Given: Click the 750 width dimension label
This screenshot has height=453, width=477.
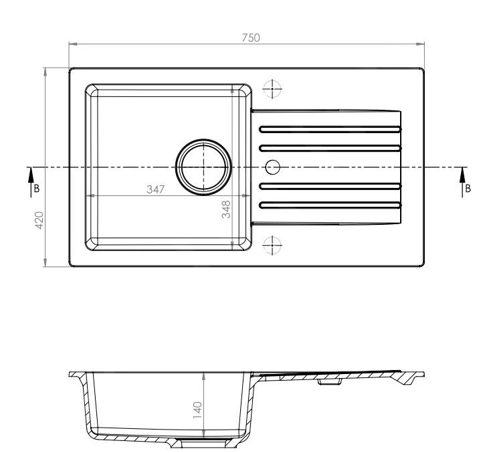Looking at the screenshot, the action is (251, 37).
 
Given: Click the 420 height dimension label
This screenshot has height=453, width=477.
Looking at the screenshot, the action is (39, 220).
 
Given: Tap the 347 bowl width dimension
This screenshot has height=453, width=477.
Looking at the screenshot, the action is (155, 189).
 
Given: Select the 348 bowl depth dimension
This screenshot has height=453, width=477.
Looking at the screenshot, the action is (226, 209).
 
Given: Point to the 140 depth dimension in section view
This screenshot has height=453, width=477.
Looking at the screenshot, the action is (198, 410).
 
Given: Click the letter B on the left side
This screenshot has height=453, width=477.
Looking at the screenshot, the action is (37, 189).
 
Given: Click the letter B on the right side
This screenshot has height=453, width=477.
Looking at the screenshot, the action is (468, 189).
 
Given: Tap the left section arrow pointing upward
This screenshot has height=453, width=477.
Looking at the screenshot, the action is (31, 183).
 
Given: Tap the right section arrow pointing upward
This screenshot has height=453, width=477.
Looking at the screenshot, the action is (462, 183).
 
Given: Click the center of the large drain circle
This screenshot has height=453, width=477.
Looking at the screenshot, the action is (203, 167).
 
